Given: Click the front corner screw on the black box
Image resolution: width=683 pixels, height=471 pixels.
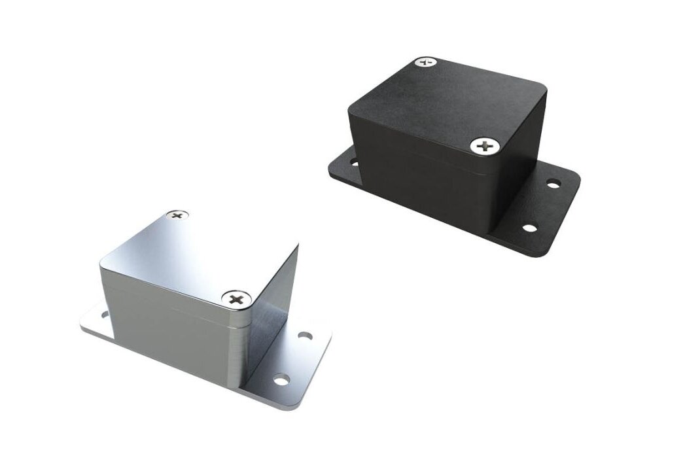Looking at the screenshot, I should coord(485,146).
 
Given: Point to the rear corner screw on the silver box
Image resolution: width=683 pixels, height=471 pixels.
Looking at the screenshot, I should coord(177,215).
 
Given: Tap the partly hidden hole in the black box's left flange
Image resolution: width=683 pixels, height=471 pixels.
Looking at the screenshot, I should coord(353,160).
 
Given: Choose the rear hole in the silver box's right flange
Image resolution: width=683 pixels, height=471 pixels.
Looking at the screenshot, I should coord(304,336).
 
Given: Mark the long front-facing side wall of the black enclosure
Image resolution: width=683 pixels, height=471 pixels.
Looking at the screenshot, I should coord(419,177).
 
